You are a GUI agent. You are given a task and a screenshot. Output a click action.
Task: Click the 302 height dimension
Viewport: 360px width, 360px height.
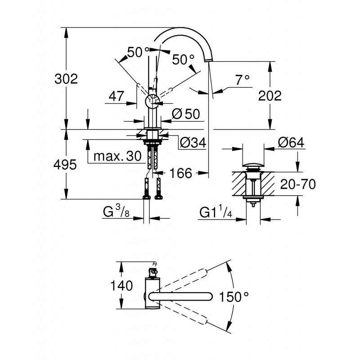[66, 79]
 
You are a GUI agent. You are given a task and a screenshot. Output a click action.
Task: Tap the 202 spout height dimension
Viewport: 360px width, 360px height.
[270, 96]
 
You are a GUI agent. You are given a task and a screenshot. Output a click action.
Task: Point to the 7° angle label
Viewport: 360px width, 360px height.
[242, 80]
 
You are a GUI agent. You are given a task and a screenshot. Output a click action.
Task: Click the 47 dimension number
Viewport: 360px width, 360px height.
[116, 95]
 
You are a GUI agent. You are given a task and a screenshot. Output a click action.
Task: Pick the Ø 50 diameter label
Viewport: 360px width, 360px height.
[185, 114]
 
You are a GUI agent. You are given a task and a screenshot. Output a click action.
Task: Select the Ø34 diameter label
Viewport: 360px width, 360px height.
[193, 143]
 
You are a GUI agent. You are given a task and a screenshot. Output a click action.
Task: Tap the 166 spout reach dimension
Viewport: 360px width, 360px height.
[181, 173]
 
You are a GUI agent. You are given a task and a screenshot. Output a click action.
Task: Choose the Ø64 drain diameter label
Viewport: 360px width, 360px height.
[291, 143]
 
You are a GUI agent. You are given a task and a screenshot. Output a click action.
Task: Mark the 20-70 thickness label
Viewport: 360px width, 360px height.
[297, 184]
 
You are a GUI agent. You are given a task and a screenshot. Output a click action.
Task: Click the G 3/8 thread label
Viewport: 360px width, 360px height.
[116, 212]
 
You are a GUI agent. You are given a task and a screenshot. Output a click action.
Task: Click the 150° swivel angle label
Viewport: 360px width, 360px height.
[234, 297]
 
